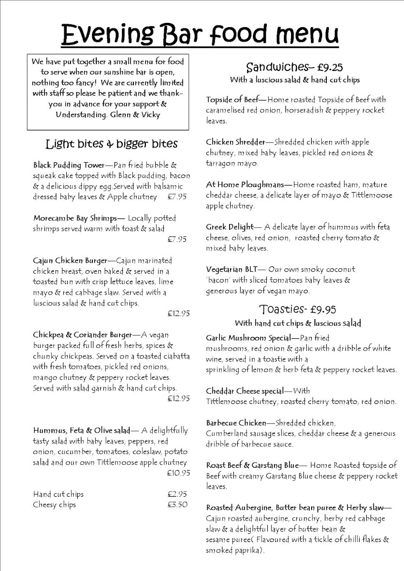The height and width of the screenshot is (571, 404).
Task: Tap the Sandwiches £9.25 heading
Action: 294,67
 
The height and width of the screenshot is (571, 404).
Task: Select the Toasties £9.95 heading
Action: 298,310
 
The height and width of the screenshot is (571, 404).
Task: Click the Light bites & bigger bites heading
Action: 111,143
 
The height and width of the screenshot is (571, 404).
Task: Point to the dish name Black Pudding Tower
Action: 69,166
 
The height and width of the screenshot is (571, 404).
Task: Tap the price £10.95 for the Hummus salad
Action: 179,473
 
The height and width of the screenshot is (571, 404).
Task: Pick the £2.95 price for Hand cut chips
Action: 177,494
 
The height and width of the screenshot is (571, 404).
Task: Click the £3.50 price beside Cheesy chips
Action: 177,505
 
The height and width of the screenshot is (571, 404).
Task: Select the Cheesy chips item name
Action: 54,505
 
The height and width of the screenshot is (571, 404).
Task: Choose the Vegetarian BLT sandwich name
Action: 232,269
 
